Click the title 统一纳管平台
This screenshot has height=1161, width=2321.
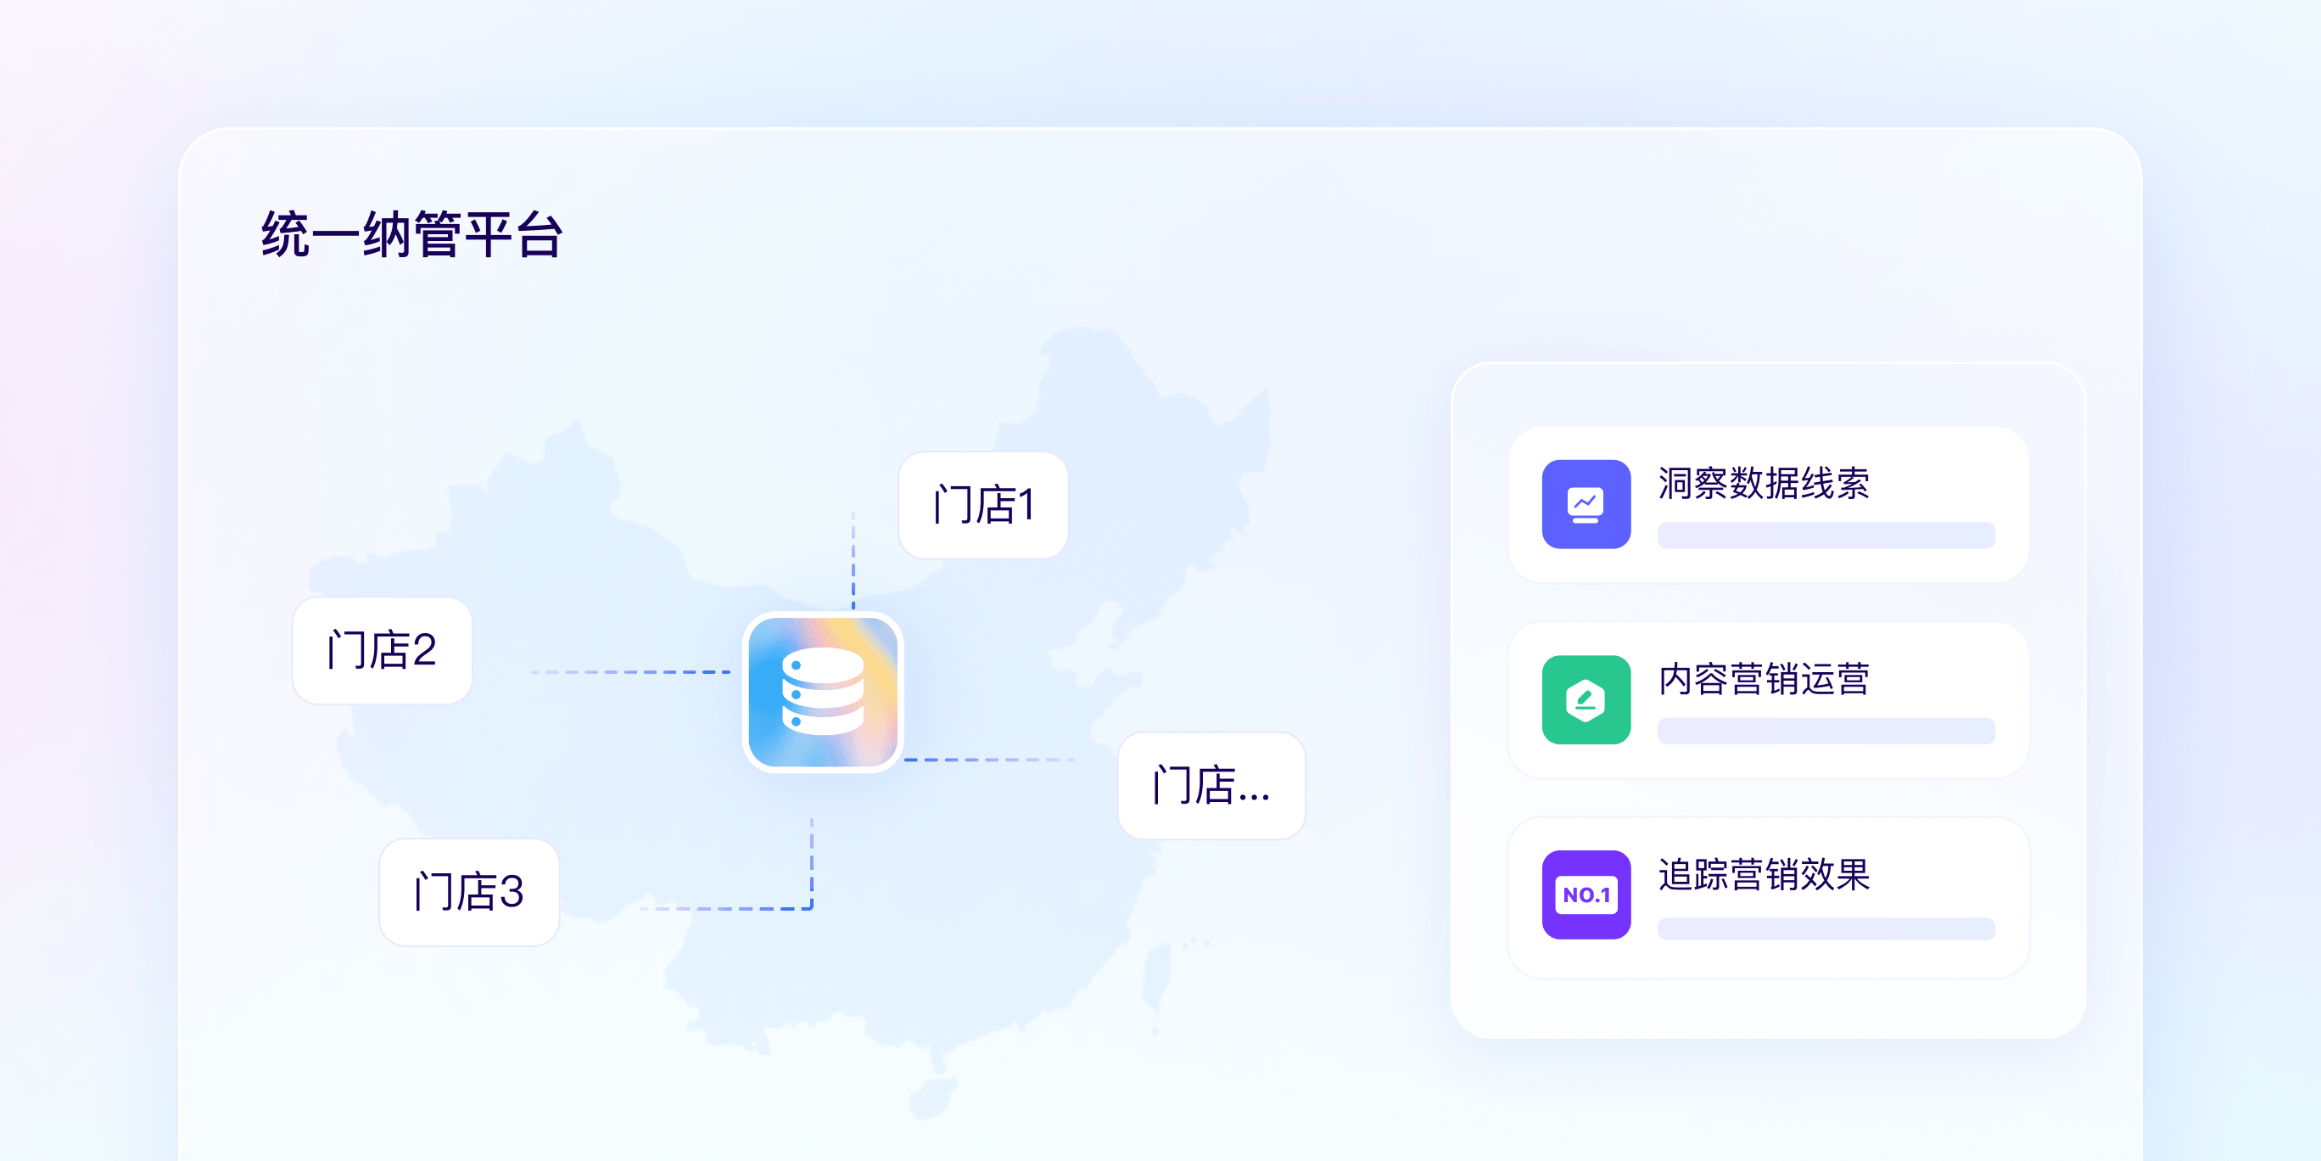click(x=411, y=234)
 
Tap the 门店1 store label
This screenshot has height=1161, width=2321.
click(x=983, y=505)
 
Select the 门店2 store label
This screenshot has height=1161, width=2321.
click(x=382, y=650)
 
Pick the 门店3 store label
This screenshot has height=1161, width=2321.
click(x=469, y=891)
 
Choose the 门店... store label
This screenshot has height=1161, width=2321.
click(x=1211, y=785)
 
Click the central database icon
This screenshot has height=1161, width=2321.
click(x=823, y=693)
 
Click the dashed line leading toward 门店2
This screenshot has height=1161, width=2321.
click(x=630, y=671)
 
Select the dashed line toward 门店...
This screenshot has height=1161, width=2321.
click(x=989, y=760)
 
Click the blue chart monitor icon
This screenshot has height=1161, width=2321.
click(x=1586, y=504)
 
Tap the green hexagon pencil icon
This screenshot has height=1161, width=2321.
click(x=1586, y=699)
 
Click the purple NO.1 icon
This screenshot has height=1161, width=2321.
click(x=1586, y=895)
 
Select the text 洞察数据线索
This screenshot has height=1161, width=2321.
click(x=1764, y=483)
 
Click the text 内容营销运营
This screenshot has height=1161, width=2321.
click(x=1764, y=679)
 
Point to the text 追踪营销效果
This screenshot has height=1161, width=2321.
click(x=1764, y=874)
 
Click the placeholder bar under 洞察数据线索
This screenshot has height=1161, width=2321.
click(x=1826, y=536)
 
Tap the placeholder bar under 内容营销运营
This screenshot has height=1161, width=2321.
click(x=1826, y=731)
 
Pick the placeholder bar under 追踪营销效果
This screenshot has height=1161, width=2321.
click(x=1826, y=928)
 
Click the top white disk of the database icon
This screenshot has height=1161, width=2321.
click(x=823, y=665)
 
